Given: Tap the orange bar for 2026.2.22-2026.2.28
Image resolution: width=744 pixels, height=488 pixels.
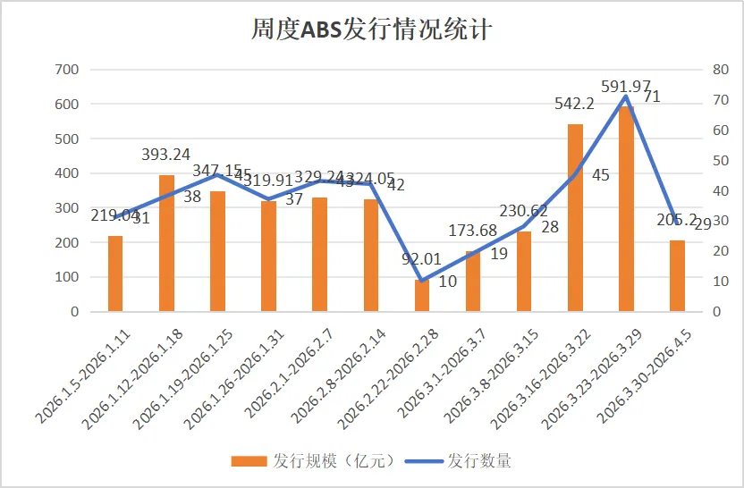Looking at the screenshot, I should pos(422,296).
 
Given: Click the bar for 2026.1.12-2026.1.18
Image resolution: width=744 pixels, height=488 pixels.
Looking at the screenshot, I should pos(166,243).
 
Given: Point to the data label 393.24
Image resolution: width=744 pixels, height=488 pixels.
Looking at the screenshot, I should pos(166,155).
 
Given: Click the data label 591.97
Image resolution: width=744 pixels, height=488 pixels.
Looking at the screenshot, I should pos(626,86).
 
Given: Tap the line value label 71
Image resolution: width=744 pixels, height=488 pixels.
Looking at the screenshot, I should pos(652,97).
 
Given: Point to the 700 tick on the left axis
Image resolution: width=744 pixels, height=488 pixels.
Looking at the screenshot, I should pos(68,70).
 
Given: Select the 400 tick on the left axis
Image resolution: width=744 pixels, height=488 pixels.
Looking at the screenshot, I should pos(68,173).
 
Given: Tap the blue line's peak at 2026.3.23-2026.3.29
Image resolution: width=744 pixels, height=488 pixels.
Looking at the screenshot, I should pos(626,97).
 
